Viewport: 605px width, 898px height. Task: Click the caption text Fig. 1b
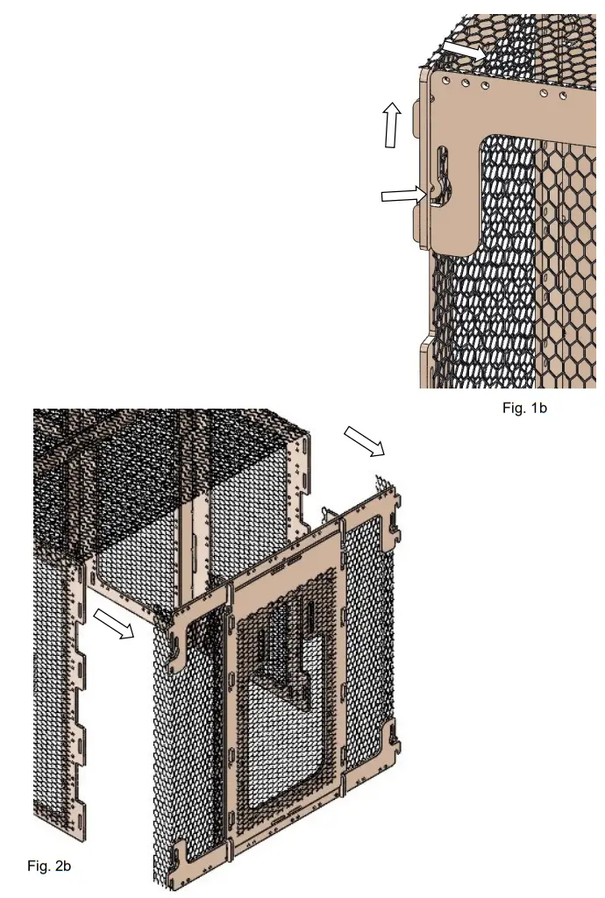pyautogui.click(x=524, y=408)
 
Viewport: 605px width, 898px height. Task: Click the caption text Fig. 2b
pyautogui.click(x=49, y=866)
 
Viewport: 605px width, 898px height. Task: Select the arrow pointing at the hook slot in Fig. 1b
pyautogui.click(x=404, y=195)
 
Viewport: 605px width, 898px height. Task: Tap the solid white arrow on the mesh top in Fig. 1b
pyautogui.click(x=463, y=49)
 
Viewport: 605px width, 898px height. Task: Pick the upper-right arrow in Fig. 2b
pyautogui.click(x=364, y=441)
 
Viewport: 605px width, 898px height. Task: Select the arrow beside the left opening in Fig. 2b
pyautogui.click(x=113, y=624)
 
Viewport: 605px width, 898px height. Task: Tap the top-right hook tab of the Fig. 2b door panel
pyautogui.click(x=394, y=518)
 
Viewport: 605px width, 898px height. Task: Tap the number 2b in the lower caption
pyautogui.click(x=60, y=866)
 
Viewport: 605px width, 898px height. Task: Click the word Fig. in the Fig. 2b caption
pyautogui.click(x=38, y=866)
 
